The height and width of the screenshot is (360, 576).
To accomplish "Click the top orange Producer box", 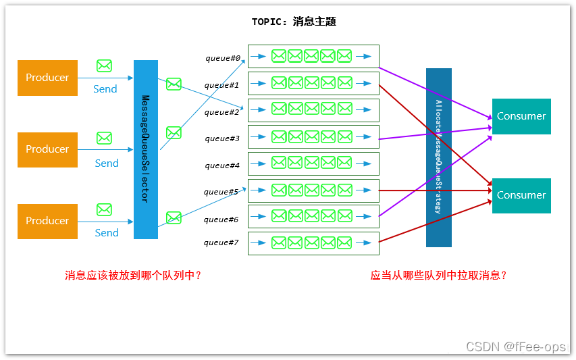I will pos(47,78).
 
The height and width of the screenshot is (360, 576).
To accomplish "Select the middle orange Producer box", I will pos(47,149).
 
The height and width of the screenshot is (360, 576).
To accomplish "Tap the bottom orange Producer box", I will pos(47,221).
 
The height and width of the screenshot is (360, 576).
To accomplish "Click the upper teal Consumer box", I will pos(521,116).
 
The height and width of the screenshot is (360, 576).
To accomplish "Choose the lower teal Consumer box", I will pos(521,195).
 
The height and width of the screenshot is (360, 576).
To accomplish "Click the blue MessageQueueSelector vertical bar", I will pos(145,149).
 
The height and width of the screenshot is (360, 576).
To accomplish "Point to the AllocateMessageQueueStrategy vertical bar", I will pos(438,157).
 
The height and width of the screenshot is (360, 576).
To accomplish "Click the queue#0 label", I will pos(223,58).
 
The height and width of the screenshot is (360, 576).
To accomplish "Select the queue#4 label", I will pos(222,165).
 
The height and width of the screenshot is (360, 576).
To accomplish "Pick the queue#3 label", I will pos(222,138).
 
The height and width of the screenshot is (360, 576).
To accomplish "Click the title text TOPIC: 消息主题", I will pos(294,22).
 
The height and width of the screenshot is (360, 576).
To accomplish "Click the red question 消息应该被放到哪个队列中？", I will pos(133,276).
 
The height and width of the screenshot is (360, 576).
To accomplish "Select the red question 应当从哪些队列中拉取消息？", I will pos(439,276).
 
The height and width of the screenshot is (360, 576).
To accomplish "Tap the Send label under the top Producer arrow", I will pos(105,89).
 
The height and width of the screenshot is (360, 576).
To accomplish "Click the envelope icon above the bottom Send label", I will pos(104,209).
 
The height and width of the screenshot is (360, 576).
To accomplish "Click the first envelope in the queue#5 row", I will pos(279,190).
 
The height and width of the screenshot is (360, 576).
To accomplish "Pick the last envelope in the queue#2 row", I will pos(344,109).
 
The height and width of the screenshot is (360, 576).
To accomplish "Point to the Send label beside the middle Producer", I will pos(107,163).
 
